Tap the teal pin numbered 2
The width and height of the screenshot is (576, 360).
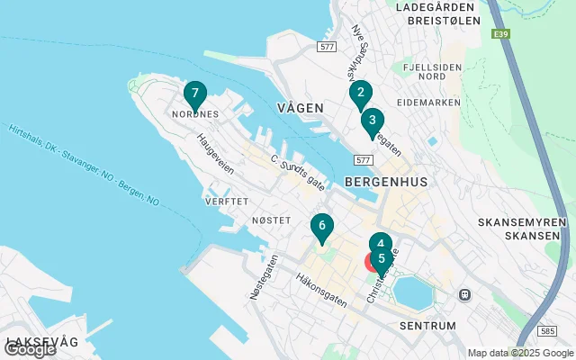click(360, 93)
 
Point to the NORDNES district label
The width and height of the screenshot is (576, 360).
click(194, 114)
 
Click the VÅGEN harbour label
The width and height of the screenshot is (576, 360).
click(300, 107)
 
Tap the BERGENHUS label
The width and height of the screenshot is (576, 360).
click(385, 181)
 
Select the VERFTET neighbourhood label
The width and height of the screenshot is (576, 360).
click(226, 202)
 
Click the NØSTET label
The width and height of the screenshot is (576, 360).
click(271, 220)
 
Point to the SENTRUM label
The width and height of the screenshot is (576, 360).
click(426, 325)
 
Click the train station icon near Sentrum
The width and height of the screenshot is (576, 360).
click(465, 294)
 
